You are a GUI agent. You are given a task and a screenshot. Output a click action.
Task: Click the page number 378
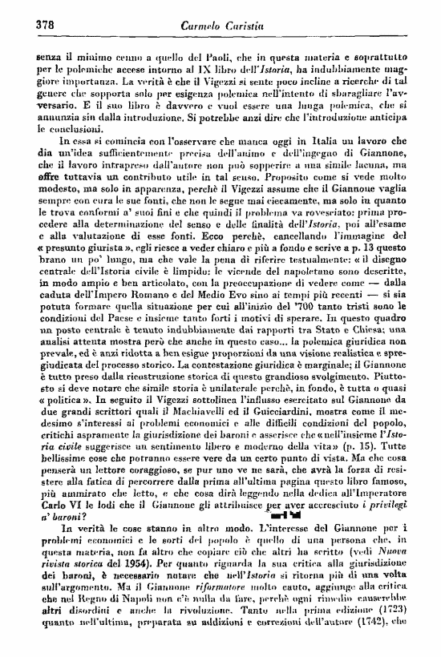28,24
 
